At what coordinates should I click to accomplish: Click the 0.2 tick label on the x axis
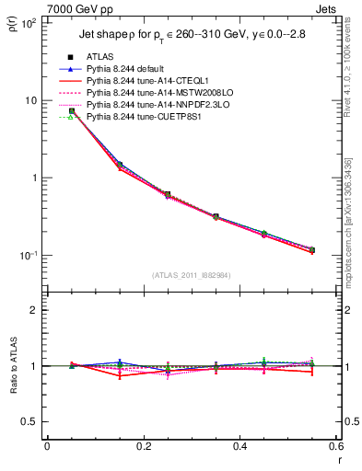click(x=143, y=446)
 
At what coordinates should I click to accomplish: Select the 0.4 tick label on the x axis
click(x=239, y=446)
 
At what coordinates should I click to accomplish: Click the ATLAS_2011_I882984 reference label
click(x=192, y=274)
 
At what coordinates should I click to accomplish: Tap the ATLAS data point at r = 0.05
click(x=71, y=110)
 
